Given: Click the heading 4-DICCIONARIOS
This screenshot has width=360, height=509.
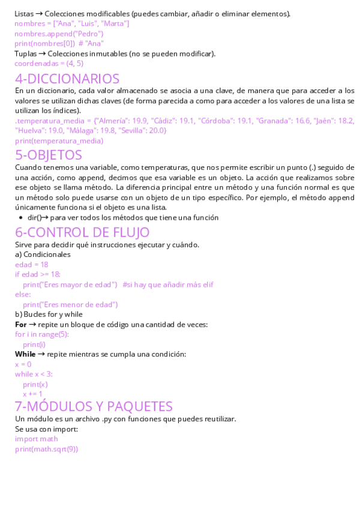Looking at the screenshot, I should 67,79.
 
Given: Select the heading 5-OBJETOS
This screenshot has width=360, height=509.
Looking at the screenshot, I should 49,155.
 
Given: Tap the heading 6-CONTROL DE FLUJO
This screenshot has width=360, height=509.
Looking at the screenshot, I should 82,232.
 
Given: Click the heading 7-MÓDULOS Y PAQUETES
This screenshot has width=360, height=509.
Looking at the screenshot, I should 94,406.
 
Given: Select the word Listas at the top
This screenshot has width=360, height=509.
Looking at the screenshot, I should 23,13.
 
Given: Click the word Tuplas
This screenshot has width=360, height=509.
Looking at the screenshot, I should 26,53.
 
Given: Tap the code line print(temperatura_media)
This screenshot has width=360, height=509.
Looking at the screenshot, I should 59,141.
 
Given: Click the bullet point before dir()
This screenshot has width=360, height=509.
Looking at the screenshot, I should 22,218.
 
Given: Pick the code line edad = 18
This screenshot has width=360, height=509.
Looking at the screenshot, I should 31,264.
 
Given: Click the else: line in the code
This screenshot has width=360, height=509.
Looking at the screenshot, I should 23,295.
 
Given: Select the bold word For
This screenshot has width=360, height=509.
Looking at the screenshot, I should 21,324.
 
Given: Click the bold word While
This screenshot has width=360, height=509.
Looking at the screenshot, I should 25,354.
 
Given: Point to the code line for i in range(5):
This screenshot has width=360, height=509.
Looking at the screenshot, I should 42,334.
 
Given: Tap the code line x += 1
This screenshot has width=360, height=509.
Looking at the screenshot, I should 32,394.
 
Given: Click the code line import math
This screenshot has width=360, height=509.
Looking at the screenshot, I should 37,439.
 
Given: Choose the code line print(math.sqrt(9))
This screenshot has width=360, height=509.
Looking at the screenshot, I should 46,449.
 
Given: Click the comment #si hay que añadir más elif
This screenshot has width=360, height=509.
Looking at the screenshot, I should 168,285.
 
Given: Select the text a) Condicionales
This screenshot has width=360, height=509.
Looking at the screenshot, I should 43,254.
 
